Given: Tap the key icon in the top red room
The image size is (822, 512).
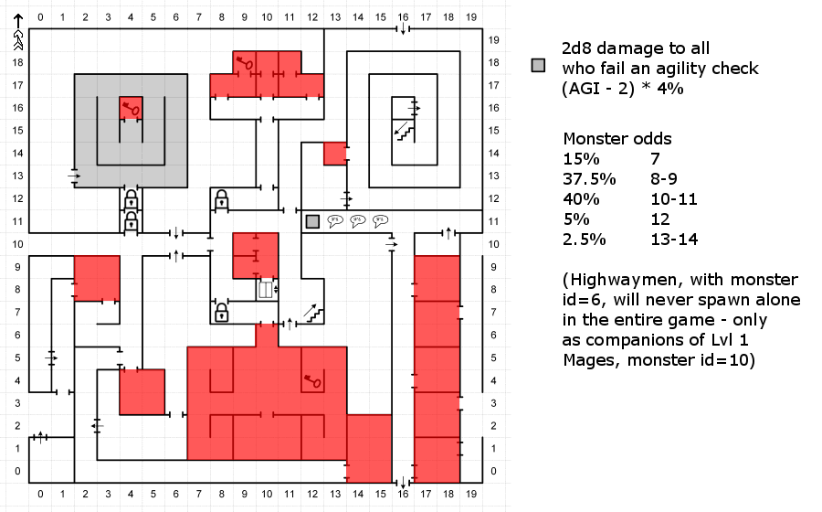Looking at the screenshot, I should [244, 63].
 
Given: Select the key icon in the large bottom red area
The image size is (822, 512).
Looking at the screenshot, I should [312, 381].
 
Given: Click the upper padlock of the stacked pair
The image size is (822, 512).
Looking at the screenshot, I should [131, 199].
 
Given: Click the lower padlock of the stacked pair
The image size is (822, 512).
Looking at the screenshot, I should [131, 221].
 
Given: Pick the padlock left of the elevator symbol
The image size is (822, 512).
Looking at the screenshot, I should [221, 313].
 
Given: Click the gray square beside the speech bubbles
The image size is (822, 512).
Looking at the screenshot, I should [312, 221].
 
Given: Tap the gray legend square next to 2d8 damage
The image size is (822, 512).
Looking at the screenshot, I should [539, 66].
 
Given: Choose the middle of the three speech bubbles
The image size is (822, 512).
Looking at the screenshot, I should [358, 221].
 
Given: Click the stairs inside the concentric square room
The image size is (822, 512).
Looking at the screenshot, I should [403, 131].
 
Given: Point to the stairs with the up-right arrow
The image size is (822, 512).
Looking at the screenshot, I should [313, 313].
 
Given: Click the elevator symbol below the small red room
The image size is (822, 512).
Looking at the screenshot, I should [266, 290].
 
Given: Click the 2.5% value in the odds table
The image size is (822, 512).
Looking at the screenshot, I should [581, 240].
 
